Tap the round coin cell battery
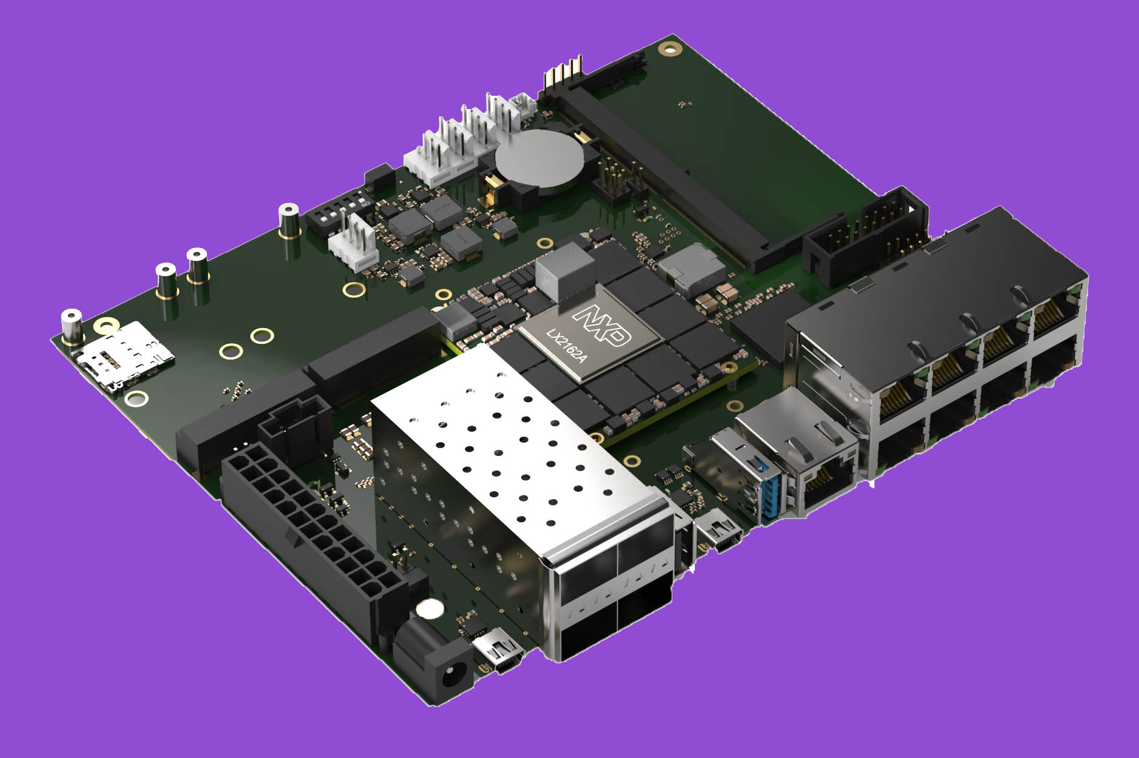click(539, 159)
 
